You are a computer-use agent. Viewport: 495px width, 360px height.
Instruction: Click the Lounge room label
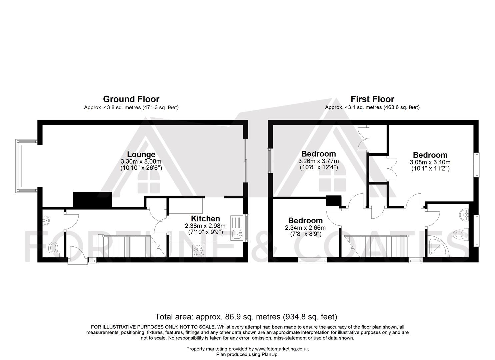click(x=141, y=154)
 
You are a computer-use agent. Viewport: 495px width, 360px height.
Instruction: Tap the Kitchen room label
click(x=205, y=219)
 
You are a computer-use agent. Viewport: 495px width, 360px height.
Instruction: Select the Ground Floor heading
click(x=131, y=99)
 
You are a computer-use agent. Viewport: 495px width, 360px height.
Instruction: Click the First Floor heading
click(x=372, y=99)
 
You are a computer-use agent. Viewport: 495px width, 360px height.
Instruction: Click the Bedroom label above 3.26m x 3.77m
click(x=318, y=154)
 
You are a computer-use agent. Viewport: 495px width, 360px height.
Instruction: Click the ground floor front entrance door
click(x=77, y=255)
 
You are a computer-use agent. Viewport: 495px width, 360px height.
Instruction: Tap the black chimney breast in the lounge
click(x=92, y=200)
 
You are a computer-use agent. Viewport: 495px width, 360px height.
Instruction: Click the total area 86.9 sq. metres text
click(x=246, y=317)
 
